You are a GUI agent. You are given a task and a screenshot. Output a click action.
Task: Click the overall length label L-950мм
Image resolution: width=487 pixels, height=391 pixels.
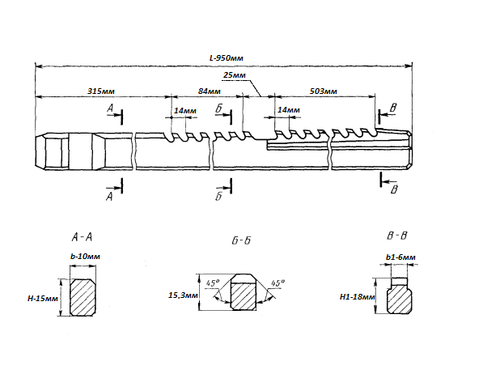[x=227, y=58]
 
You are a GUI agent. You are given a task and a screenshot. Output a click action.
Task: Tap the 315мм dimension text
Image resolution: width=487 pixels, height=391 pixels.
[x=100, y=91]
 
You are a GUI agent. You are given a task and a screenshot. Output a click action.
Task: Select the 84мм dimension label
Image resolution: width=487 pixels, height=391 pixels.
[x=209, y=91]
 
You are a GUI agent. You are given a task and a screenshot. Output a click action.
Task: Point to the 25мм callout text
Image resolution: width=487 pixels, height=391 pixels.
[x=234, y=75]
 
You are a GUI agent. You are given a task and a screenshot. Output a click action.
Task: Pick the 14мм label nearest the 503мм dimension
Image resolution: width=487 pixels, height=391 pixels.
[x=288, y=109]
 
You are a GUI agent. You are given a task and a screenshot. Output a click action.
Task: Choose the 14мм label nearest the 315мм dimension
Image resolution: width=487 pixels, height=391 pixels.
[x=184, y=109]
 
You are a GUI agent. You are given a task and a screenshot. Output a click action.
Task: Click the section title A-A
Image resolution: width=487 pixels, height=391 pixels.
[x=82, y=237]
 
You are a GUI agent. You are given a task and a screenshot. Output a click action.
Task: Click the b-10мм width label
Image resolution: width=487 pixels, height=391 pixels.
[x=85, y=256]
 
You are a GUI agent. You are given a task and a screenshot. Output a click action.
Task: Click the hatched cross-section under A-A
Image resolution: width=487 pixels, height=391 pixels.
[x=84, y=298]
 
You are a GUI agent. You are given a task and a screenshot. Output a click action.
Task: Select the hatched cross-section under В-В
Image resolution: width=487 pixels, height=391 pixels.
[x=399, y=300]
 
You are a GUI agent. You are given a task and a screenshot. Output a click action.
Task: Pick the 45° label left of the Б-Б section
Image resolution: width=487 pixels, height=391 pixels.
[x=214, y=284]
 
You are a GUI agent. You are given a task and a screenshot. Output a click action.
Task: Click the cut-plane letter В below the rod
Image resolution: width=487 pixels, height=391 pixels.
[x=394, y=189]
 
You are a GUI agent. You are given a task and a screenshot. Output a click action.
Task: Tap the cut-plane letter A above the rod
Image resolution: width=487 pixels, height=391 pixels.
[x=109, y=107]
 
